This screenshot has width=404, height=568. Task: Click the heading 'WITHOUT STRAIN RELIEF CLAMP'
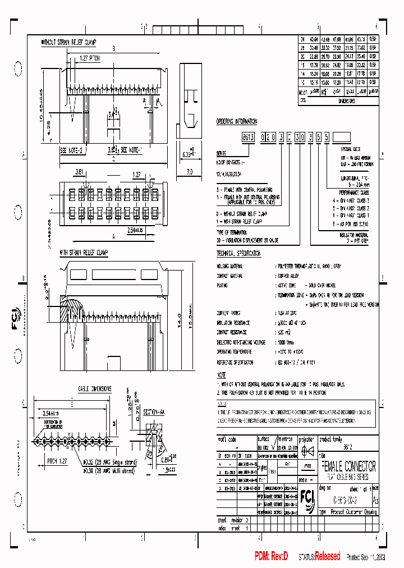point(69,42)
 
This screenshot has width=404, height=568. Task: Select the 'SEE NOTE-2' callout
point(71,150)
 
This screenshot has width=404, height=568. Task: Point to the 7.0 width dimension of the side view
point(190,173)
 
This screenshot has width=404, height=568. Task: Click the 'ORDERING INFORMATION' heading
point(237,121)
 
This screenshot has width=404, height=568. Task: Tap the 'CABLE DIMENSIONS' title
point(94,388)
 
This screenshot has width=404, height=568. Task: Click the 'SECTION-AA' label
point(154,412)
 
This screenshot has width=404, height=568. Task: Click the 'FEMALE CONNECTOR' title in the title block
point(347,467)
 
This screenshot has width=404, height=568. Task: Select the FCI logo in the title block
point(307,482)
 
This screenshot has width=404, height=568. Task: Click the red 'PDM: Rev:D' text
point(272,556)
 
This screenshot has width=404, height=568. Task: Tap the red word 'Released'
point(327,556)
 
